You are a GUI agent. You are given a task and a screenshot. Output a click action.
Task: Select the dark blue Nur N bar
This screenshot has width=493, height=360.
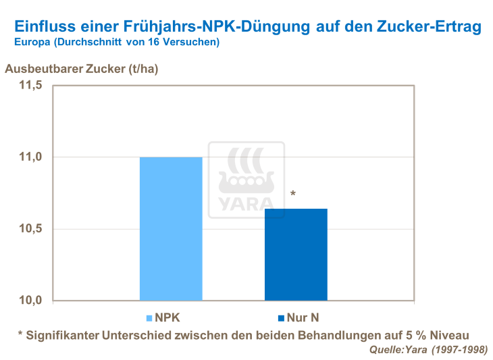[296, 255]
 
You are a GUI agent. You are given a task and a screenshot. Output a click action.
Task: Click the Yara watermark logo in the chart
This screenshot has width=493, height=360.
[246, 180]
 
